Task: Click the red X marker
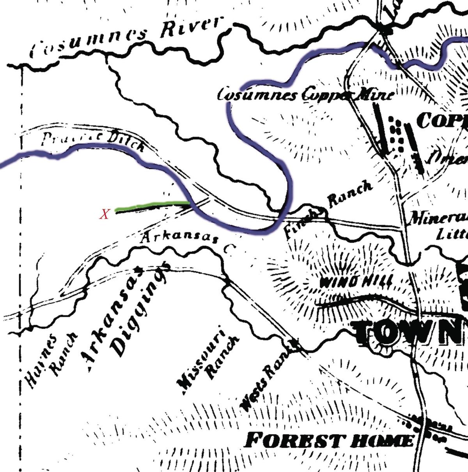pos(105,214)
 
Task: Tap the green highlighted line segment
pos(152,205)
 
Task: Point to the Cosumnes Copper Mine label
pos(305,95)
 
